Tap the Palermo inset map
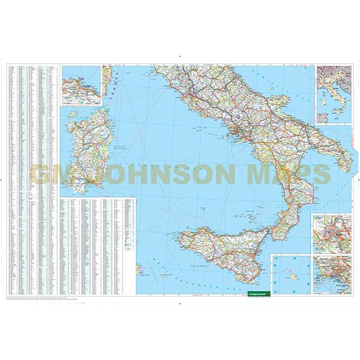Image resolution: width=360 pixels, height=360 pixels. (x=80, y=85)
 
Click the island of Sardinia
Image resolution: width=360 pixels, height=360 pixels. (x=85, y=152)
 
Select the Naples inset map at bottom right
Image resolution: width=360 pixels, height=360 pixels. (x=332, y=274)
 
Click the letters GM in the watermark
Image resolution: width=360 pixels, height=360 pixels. (x=52, y=173)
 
